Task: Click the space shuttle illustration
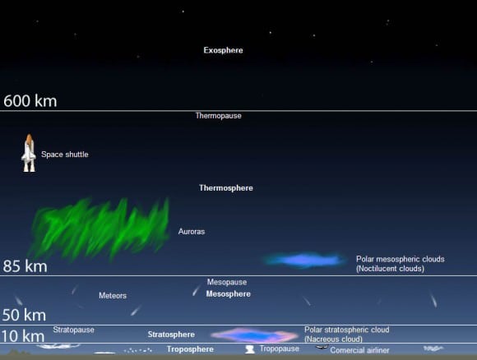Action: click(x=29, y=154)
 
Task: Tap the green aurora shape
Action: click(x=99, y=227)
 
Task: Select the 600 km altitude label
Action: click(x=30, y=101)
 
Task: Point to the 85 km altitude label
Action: click(x=25, y=266)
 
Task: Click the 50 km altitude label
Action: click(x=24, y=315)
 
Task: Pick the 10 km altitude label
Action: click(x=23, y=335)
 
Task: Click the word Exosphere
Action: click(x=223, y=50)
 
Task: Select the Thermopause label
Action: click(x=218, y=116)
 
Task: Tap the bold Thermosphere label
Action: click(x=225, y=188)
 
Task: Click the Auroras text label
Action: click(x=192, y=232)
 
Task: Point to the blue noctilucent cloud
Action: click(x=304, y=260)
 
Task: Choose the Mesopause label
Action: click(x=226, y=282)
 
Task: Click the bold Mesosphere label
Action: click(x=228, y=293)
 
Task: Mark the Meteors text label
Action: click(x=113, y=295)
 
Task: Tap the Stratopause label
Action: click(x=74, y=330)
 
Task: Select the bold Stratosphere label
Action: click(x=171, y=335)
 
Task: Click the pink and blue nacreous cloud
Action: click(x=253, y=335)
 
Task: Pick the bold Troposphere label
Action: click(x=190, y=349)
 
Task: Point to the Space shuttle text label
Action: click(x=65, y=155)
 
